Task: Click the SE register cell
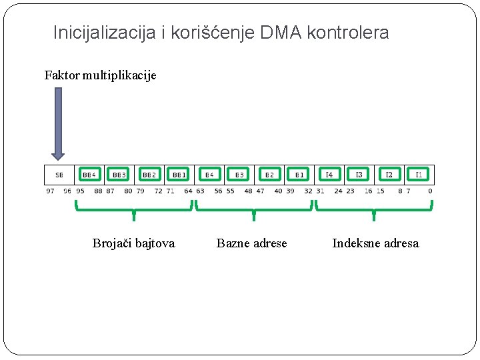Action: tap(60, 175)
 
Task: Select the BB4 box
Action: tap(89, 175)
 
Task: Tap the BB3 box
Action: tap(119, 175)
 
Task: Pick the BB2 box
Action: tap(149, 175)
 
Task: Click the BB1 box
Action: tap(179, 175)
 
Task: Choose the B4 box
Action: tap(209, 175)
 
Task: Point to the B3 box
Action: tap(239, 175)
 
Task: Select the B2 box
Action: tap(269, 175)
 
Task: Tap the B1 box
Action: tap(299, 175)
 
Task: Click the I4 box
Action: tap(329, 175)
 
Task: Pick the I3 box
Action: tap(359, 175)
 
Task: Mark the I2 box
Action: tap(389, 175)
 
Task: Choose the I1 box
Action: tap(419, 175)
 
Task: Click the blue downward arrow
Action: tap(59, 123)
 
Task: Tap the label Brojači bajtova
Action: tap(133, 243)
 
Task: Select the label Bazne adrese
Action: tap(251, 243)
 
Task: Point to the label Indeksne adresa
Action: tap(375, 243)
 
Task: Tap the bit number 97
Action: tap(50, 191)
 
